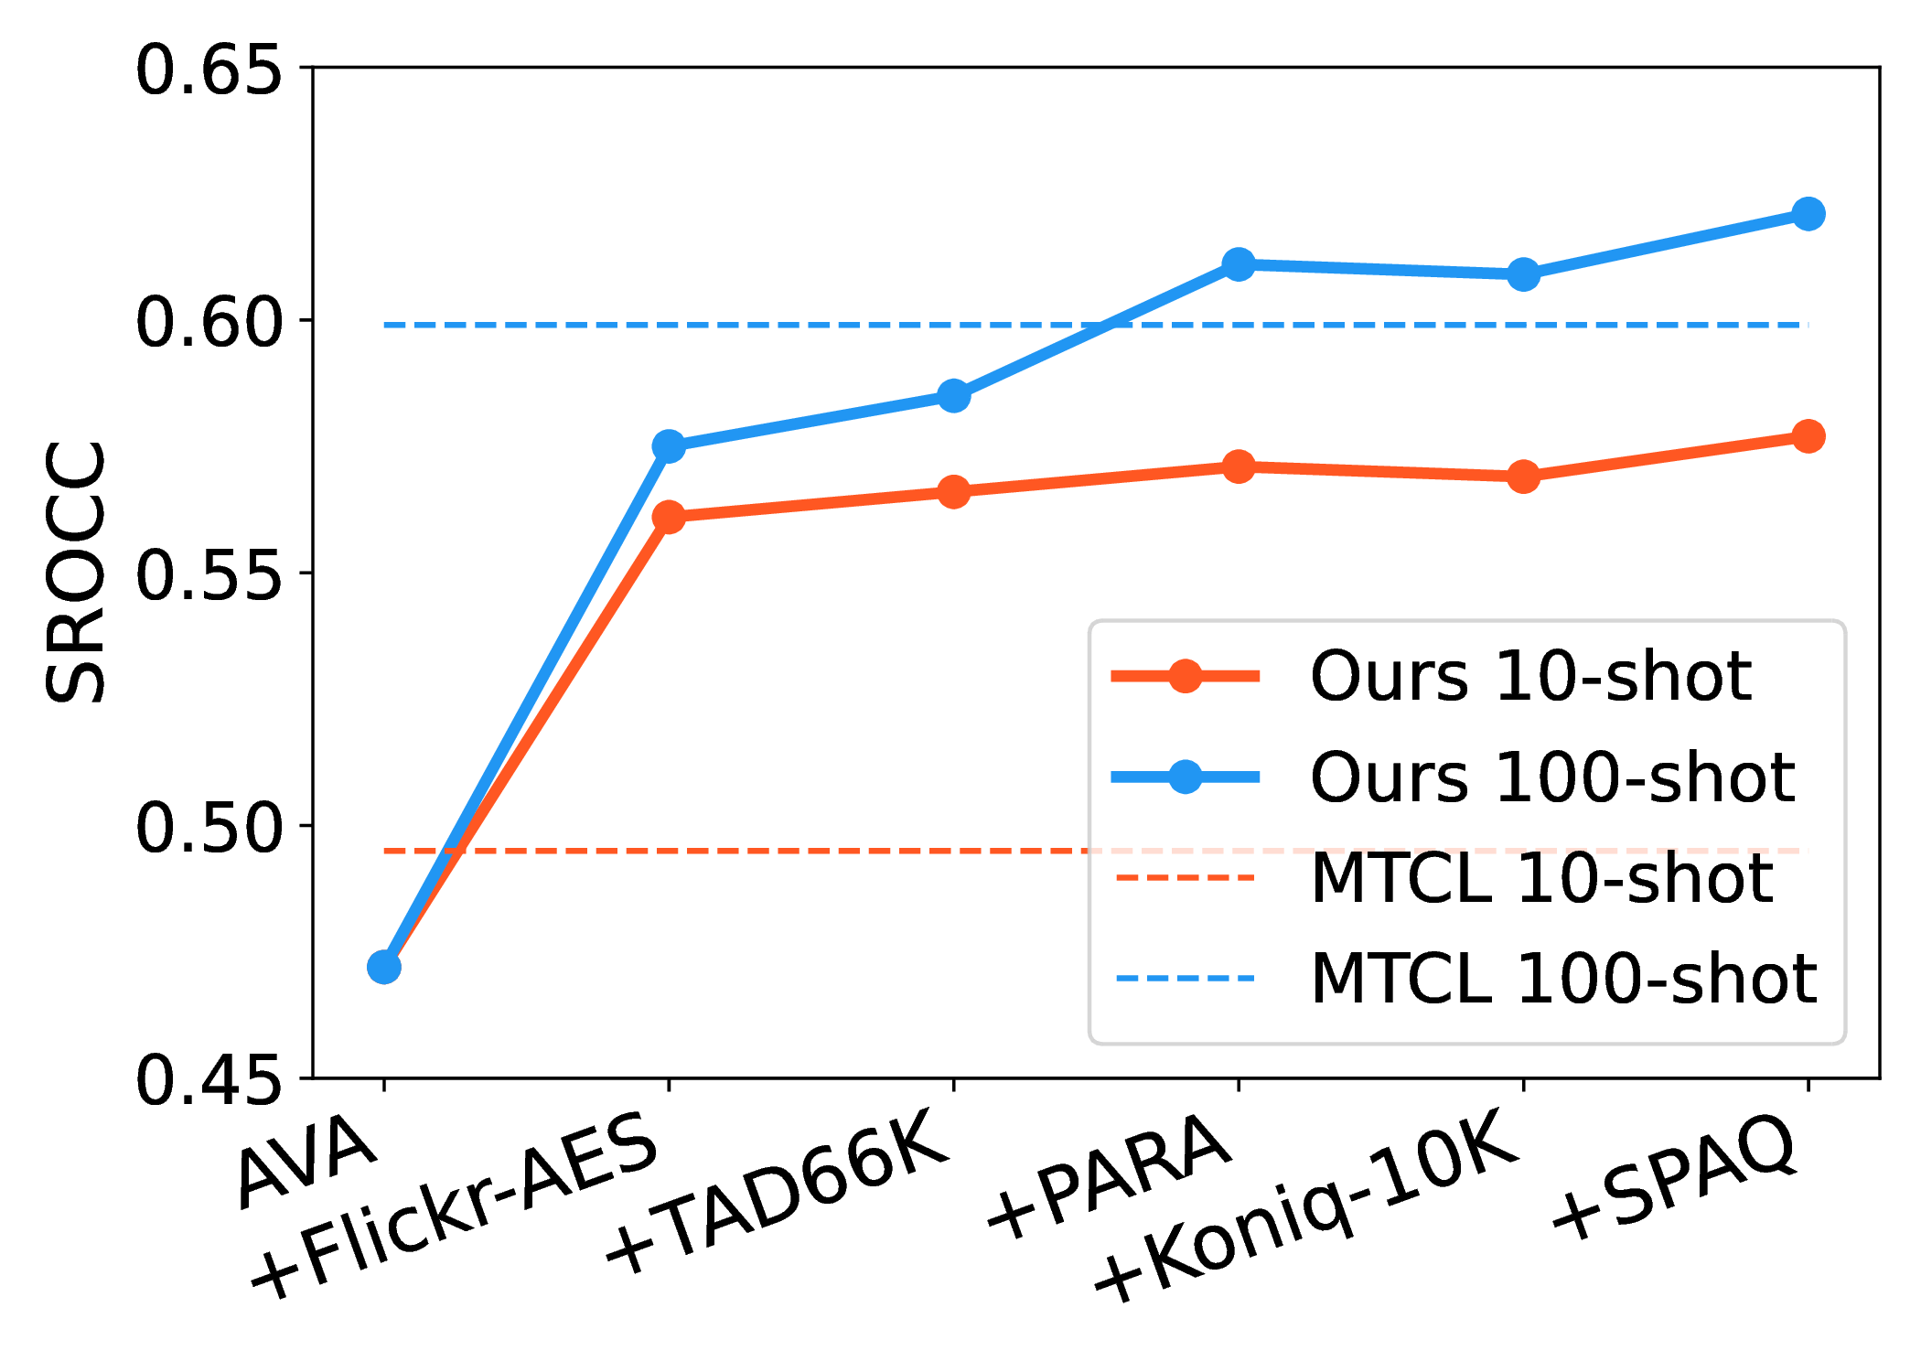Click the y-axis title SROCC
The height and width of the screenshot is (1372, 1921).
pos(75,573)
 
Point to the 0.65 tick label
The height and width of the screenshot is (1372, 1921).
pos(208,70)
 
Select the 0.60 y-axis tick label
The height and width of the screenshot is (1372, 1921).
pos(208,322)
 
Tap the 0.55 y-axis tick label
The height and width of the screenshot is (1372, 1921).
pos(208,575)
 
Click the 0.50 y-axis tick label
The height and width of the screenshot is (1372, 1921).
pos(208,828)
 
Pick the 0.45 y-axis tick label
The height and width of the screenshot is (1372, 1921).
pos(208,1080)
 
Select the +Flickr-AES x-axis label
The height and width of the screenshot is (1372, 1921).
pos(455,1205)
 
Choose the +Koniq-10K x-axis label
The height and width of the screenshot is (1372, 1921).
pos(1308,1205)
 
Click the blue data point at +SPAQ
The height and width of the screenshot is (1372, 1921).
pos(1808,214)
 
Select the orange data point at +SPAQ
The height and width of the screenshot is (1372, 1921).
pos(1808,436)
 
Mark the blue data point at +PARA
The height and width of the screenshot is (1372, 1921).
pos(1239,264)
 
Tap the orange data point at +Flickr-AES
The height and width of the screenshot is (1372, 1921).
pos(669,517)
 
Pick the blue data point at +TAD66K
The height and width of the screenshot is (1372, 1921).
pos(953,396)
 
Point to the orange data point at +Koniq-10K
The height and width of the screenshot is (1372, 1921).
pos(1523,477)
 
